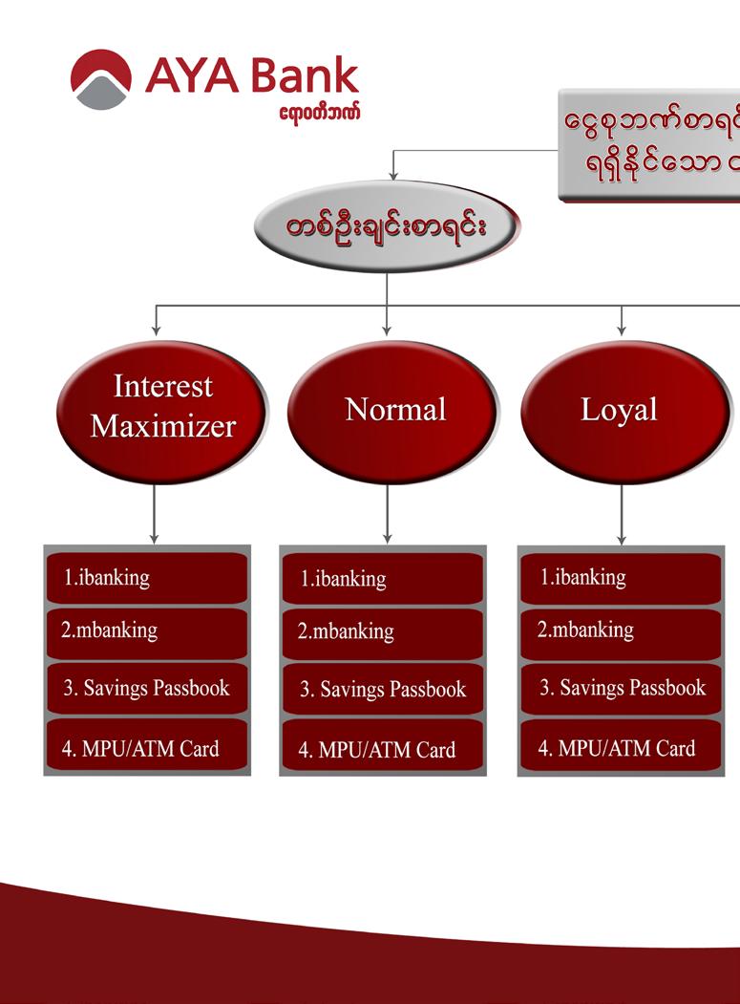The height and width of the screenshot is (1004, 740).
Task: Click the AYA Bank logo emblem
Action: click(100, 79)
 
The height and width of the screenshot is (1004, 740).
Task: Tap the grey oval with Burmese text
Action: click(387, 227)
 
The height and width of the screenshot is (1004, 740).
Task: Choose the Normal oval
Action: click(393, 411)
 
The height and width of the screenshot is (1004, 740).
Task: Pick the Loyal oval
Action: click(624, 411)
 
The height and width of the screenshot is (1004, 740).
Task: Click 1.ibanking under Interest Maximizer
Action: click(147, 578)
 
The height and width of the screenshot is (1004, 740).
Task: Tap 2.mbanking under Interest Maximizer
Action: click(147, 632)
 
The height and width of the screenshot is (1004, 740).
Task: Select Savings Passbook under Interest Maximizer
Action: click(147, 688)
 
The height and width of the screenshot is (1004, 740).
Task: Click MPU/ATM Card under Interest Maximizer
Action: click(147, 748)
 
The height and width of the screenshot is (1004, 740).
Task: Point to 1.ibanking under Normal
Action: click(383, 579)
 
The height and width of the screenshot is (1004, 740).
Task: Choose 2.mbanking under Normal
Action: click(383, 633)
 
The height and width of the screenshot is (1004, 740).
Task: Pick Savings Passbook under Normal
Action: click(383, 690)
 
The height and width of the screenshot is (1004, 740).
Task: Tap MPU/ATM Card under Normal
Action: click(383, 750)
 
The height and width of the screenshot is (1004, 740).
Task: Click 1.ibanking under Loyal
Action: click(622, 578)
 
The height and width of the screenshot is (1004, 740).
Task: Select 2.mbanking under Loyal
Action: click(622, 631)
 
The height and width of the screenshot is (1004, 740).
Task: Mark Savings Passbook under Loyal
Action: click(622, 688)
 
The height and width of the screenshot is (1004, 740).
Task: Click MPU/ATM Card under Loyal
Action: click(622, 748)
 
